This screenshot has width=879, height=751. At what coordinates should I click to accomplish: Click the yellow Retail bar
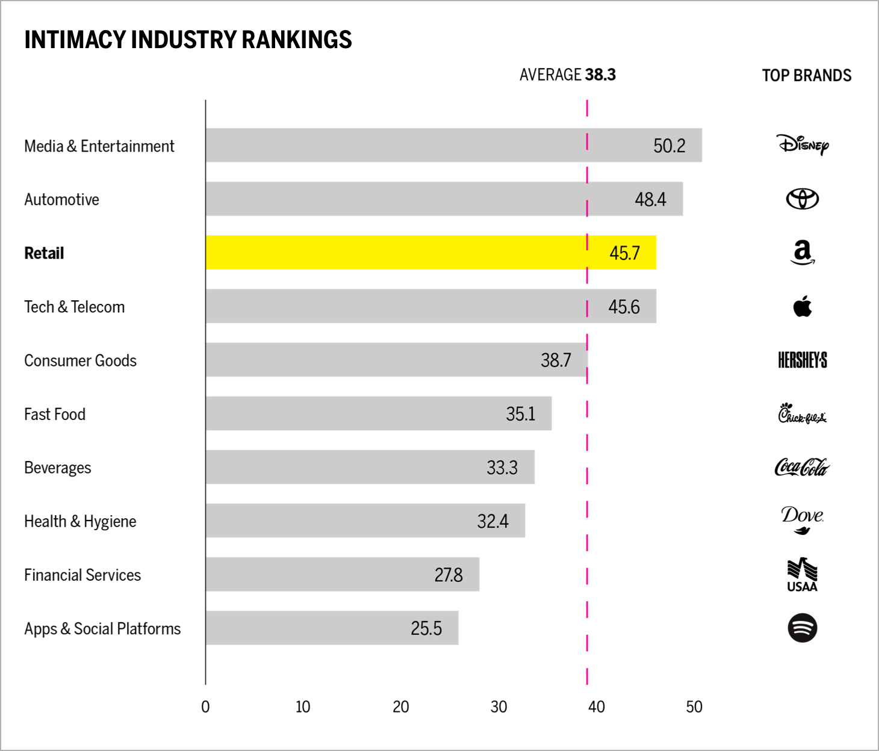[x=430, y=253]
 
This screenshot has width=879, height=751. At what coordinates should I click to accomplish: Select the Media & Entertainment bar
[x=453, y=145]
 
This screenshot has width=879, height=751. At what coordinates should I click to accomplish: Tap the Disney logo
[x=803, y=144]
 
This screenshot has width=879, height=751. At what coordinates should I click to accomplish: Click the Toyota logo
[x=803, y=199]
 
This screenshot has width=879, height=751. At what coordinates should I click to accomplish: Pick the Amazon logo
[x=803, y=252]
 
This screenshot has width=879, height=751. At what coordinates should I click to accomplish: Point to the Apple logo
[x=803, y=306]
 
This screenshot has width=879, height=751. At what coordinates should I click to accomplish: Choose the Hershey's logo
[x=803, y=360]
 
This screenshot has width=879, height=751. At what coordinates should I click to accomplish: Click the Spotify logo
[x=803, y=628]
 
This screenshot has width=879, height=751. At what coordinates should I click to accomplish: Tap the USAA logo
[x=803, y=575]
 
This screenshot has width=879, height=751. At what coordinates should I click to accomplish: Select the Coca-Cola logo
[x=803, y=467]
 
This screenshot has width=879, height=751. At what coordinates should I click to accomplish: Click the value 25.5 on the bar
[x=426, y=628]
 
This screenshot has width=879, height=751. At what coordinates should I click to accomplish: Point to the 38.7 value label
[x=556, y=360]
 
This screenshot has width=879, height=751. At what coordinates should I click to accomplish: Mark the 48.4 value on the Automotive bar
[x=650, y=199]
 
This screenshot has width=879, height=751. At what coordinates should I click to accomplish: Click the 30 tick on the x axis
[x=499, y=706]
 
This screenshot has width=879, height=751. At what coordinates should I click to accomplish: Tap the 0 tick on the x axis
[x=205, y=706]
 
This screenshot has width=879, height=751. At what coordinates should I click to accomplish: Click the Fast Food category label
[x=55, y=414]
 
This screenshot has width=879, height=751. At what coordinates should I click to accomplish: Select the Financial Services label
[x=82, y=575]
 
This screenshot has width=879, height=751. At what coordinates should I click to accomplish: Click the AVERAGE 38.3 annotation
[x=567, y=75]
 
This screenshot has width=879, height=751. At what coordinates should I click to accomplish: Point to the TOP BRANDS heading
[x=806, y=75]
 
